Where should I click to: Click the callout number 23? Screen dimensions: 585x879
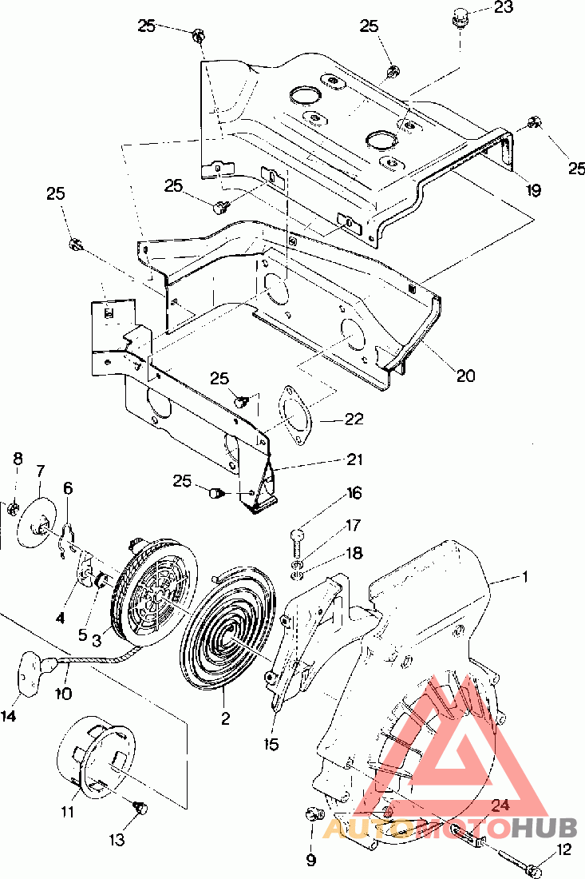pos(504,8)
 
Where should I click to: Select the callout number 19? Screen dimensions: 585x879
pos(533,191)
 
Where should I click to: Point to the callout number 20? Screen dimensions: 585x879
pos(465,375)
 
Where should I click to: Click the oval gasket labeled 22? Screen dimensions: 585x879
pos(296,415)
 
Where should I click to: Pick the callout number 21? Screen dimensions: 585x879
pos(354,459)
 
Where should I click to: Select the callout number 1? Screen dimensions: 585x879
pos(524,577)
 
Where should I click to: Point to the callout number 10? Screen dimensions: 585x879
pos(63,694)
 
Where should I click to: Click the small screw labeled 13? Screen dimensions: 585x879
pos(140,808)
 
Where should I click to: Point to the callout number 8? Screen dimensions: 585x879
pos(18,459)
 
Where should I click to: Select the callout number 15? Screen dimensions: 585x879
pos(271,744)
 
